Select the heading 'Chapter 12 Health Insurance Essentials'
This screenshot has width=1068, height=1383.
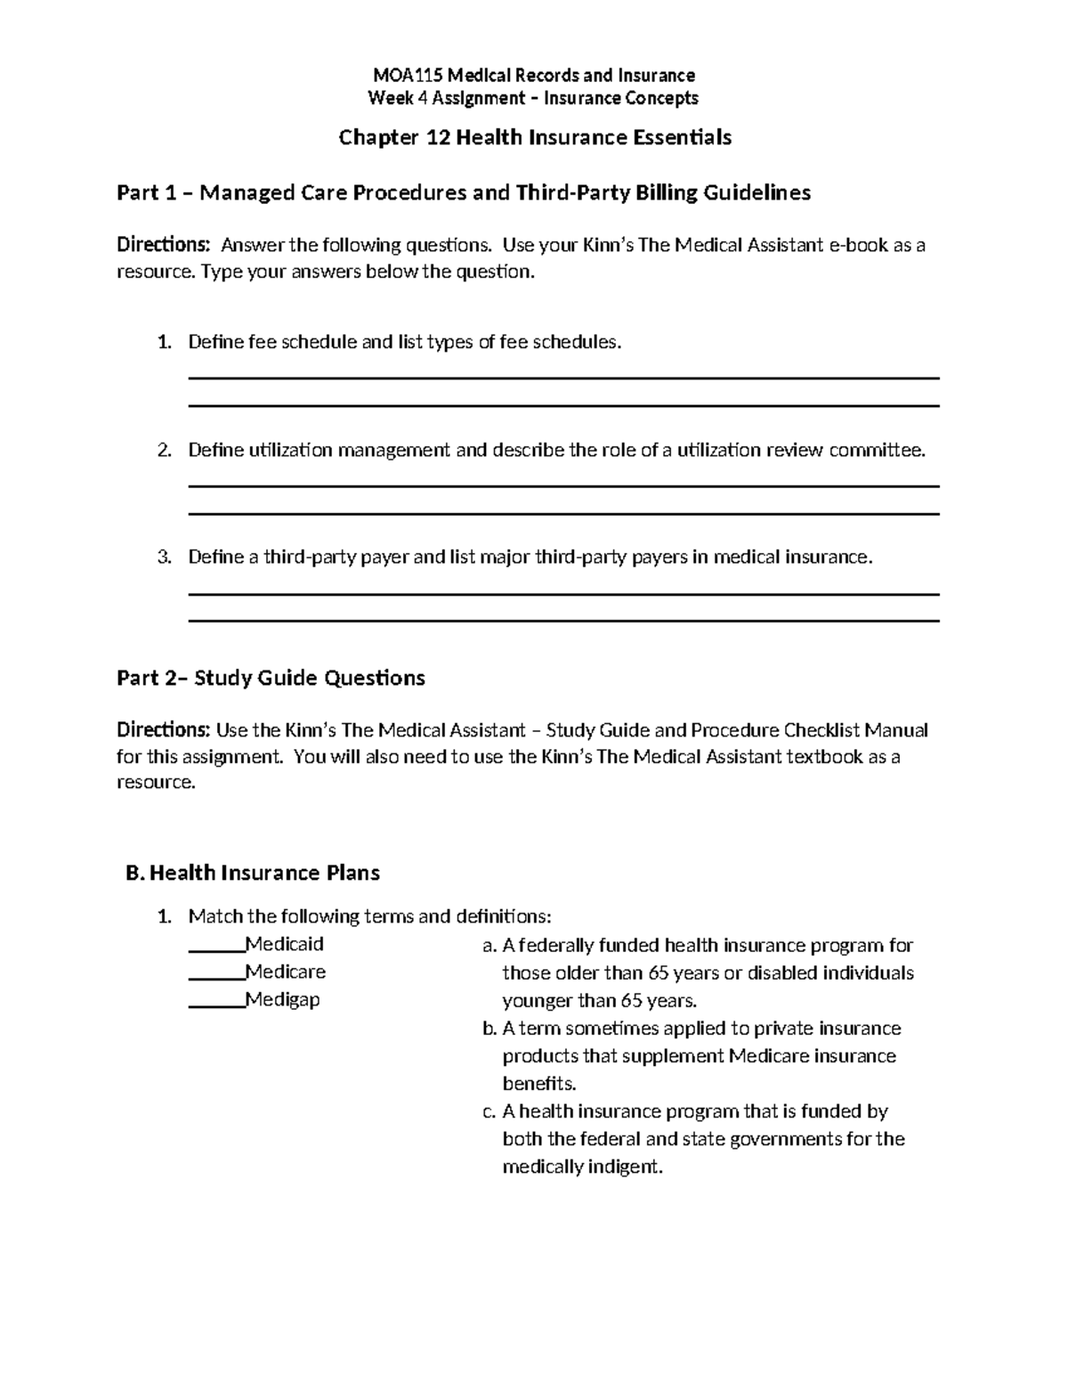click(x=535, y=137)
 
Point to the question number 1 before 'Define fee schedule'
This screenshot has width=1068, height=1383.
click(x=163, y=342)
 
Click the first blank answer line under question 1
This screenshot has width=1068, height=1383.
click(x=564, y=378)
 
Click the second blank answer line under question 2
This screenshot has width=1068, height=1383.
click(x=564, y=514)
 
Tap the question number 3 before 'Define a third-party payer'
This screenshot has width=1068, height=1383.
click(x=163, y=557)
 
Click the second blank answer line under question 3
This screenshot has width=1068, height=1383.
click(x=564, y=621)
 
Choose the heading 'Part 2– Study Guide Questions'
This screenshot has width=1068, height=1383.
click(x=271, y=679)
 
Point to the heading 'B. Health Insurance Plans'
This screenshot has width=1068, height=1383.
click(x=253, y=873)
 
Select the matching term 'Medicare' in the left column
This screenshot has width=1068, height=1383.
click(x=286, y=972)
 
